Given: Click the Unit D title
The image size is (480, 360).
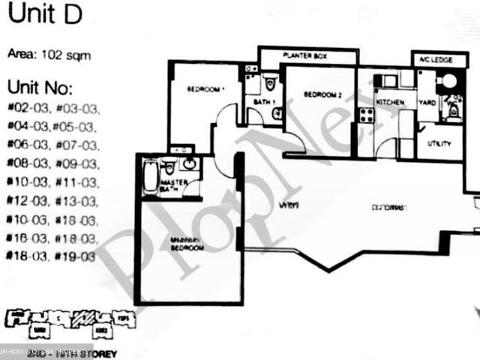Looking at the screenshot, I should tap(45, 16).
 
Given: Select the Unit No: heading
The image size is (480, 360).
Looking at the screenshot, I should tap(40, 86).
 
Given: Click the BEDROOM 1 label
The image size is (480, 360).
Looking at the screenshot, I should tap(206, 90).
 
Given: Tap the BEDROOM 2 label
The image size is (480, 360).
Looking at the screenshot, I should tap(322, 95).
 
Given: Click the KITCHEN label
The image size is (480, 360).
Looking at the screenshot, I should tap(390, 102).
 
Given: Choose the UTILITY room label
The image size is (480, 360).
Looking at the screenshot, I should tap(438, 142).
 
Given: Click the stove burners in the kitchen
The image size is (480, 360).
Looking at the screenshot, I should tap(367, 115).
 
